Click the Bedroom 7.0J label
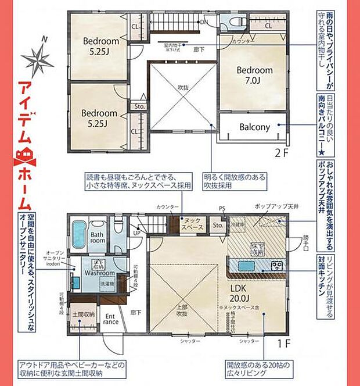253,75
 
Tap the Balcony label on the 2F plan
255,127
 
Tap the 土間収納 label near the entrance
83,314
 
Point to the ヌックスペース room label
190,224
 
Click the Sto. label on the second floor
140,106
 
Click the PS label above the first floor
221,207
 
